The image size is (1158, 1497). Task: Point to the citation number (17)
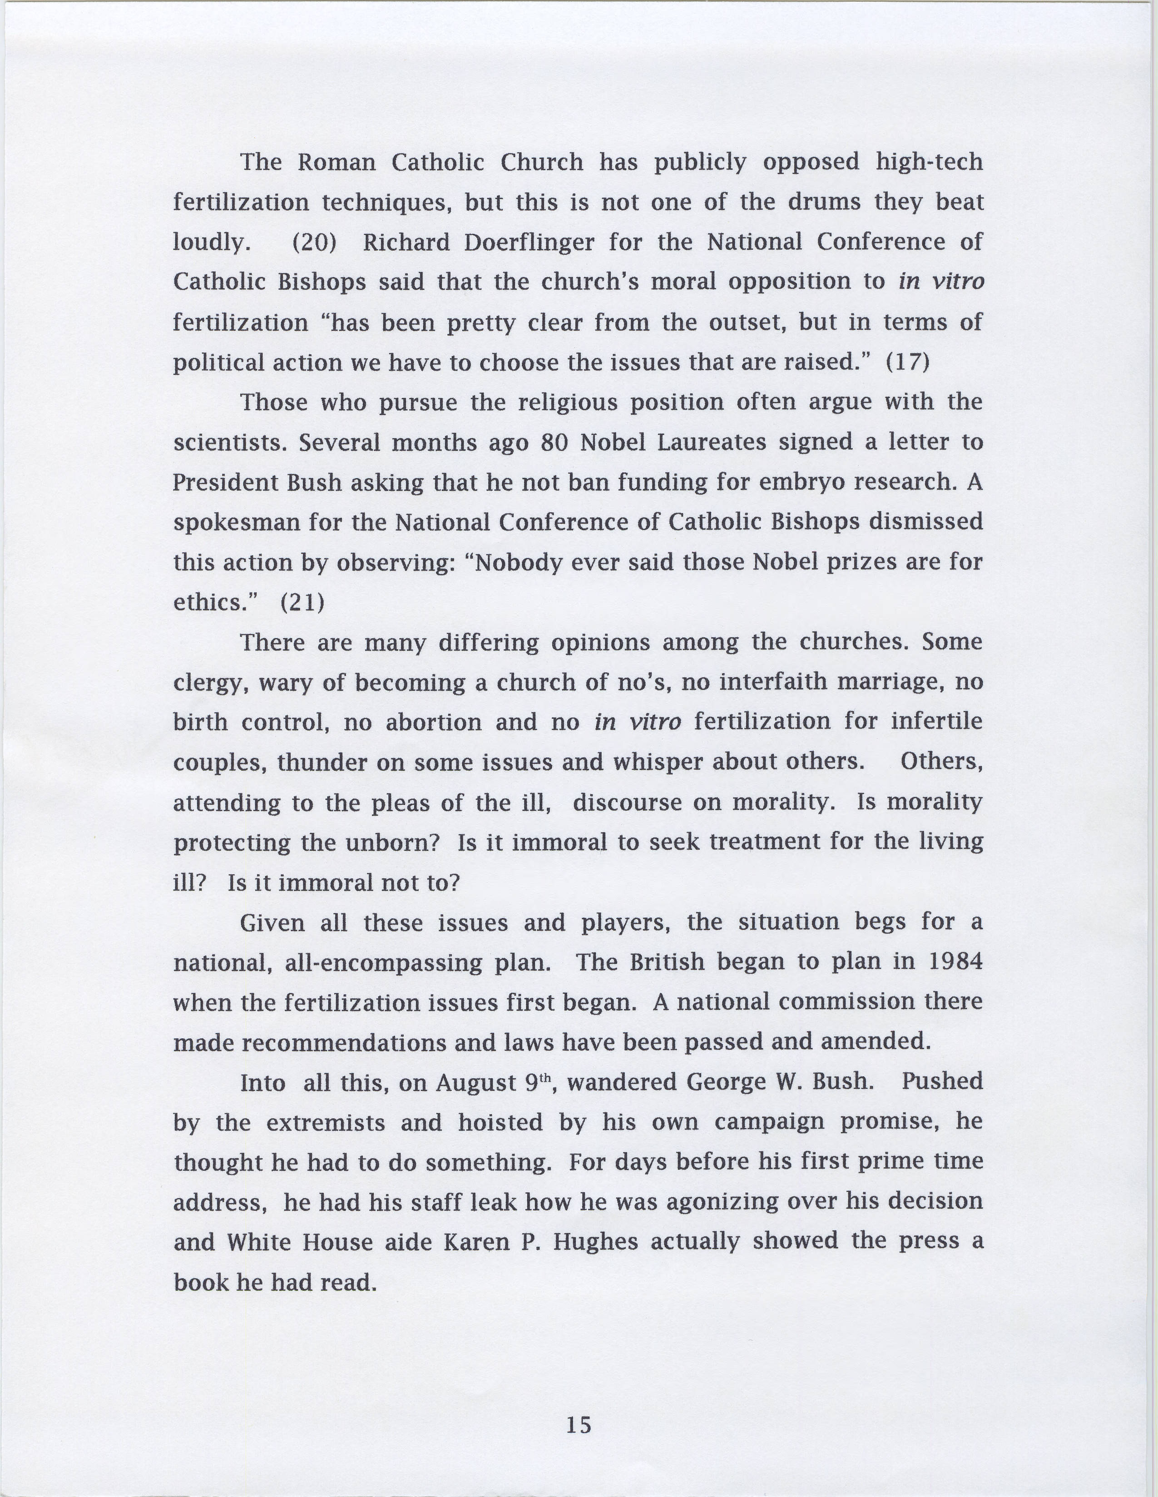907,362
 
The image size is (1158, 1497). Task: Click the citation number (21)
302,603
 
